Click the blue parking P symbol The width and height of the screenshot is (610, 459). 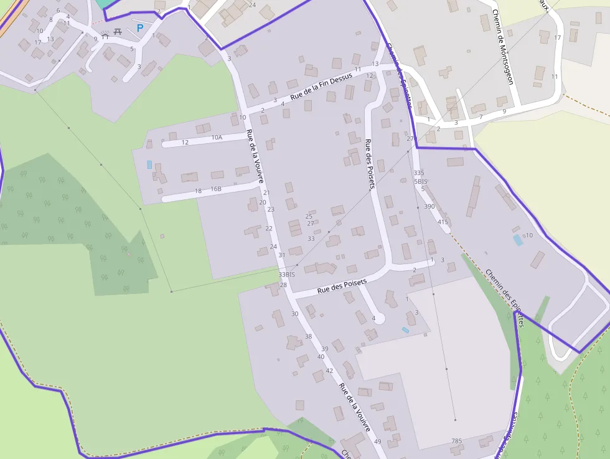pos(140,27)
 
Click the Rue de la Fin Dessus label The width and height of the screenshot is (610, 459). pos(321,86)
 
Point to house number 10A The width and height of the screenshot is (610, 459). pos(217,137)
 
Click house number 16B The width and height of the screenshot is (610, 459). pos(216,189)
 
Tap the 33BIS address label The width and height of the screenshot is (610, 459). pos(287,274)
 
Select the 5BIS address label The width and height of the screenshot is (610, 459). pos(420,181)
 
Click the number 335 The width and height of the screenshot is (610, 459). pos(419,173)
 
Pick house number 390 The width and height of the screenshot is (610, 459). pos(429,206)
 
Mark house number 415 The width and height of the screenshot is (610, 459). pos(443,222)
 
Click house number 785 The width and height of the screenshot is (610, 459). pos(457,441)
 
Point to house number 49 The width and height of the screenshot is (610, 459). pos(378,441)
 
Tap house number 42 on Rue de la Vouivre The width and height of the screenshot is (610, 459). pos(330,371)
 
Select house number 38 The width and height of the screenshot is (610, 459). pos(308,336)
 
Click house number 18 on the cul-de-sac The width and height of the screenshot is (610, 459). pos(199,191)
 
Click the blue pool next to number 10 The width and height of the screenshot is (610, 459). pos(518,240)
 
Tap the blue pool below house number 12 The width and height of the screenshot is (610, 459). pos(149,164)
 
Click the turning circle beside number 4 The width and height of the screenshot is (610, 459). pos(380,319)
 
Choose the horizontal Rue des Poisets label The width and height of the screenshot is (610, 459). pos(342,286)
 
